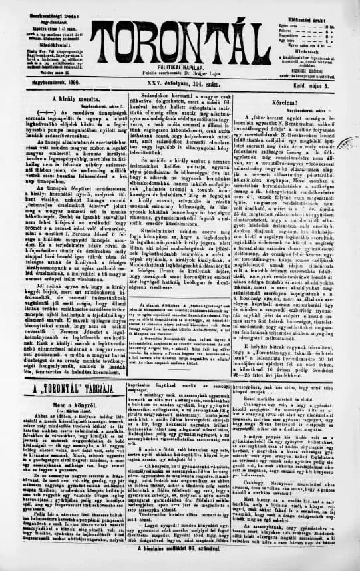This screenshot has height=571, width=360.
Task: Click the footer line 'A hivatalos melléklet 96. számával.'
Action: pyautogui.click(x=180, y=566)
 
